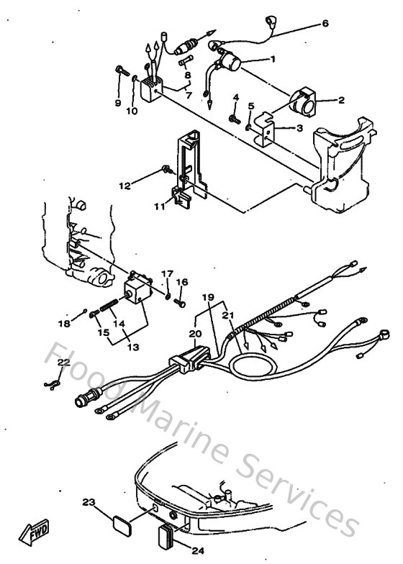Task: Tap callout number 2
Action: click(341, 101)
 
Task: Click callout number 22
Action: click(64, 362)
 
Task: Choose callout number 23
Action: click(89, 501)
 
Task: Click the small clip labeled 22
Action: click(50, 387)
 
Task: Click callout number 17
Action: click(167, 273)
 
